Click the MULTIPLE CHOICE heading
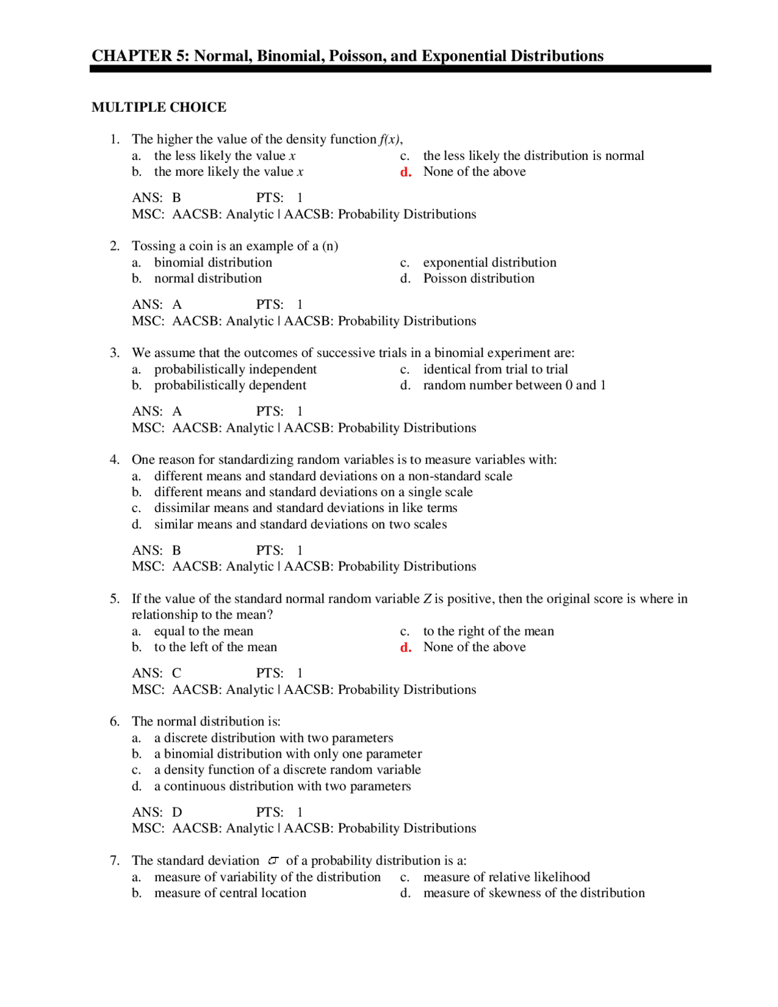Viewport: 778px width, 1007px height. tap(159, 107)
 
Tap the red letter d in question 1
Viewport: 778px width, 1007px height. tap(405, 172)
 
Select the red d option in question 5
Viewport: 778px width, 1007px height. tap(405, 648)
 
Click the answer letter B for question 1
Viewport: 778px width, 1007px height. tap(177, 198)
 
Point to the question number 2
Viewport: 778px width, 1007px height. tap(114, 246)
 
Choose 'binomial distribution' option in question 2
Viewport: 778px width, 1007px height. tap(213, 262)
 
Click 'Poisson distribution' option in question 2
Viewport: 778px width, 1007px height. tap(478, 279)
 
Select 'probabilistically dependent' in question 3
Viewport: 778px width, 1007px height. tap(230, 386)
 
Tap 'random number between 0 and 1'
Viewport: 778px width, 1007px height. tap(514, 386)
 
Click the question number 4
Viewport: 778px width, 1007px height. tap(114, 460)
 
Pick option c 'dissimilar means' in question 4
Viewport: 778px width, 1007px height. tap(305, 508)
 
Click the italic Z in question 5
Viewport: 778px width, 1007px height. tap(427, 599)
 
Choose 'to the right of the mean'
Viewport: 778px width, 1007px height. tap(488, 631)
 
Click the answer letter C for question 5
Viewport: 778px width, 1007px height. tap(177, 673)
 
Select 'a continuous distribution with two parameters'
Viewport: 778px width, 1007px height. tap(282, 786)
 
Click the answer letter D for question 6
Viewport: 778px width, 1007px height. tap(177, 812)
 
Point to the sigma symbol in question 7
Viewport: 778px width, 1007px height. tap(273, 860)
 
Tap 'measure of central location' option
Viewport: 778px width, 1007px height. tap(230, 893)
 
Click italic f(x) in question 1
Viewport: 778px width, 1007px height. tap(390, 139)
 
